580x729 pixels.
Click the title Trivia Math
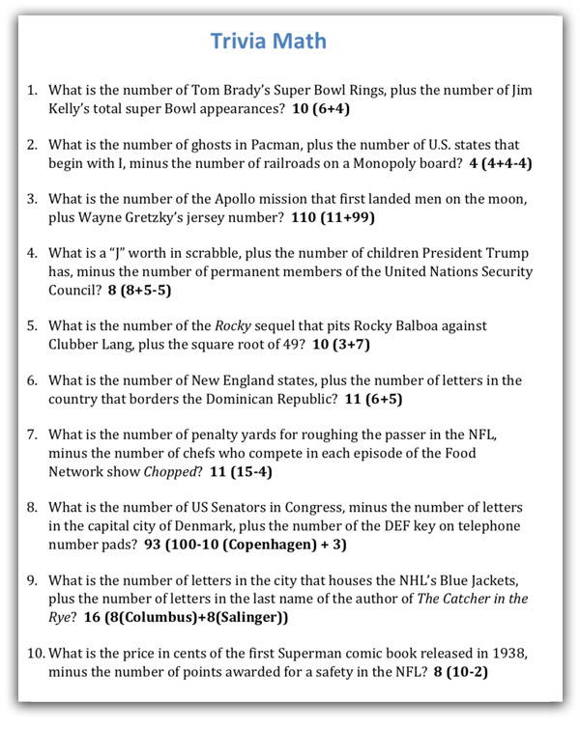point(269,41)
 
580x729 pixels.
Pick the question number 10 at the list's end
point(36,654)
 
